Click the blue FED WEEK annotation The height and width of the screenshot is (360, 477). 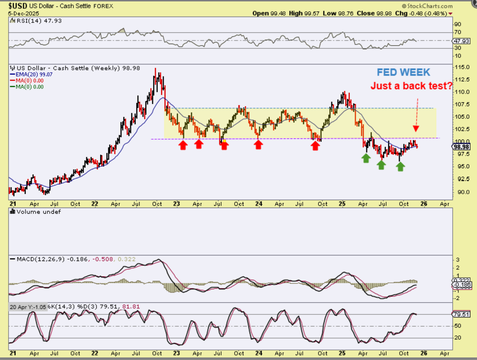403,72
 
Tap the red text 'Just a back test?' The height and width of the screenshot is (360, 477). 411,86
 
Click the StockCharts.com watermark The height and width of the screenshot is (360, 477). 427,6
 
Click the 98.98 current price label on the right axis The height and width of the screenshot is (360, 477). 461,147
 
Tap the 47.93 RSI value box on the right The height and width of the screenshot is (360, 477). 462,41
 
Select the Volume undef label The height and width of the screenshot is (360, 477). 38,212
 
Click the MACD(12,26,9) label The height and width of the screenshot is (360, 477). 40,259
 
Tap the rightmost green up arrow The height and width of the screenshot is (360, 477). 400,166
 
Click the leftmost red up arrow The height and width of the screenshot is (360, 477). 183,145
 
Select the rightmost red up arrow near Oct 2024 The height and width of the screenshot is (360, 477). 315,145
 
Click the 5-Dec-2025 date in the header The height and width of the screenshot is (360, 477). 23,13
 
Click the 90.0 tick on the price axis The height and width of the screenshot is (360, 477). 462,192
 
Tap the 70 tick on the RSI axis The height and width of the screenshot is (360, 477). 457,32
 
